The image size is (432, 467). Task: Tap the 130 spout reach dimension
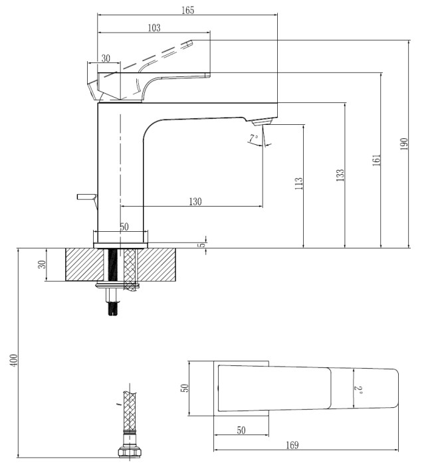tap(195, 201)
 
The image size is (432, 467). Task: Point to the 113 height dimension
tap(298, 181)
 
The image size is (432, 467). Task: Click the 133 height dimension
tap(340, 174)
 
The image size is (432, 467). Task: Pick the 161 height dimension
tap(376, 160)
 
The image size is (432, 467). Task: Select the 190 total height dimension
tap(404, 144)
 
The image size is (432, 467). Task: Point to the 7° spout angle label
tap(253, 139)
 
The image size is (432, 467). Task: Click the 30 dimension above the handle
tap(106, 58)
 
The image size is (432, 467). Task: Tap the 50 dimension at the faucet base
tap(124, 227)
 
